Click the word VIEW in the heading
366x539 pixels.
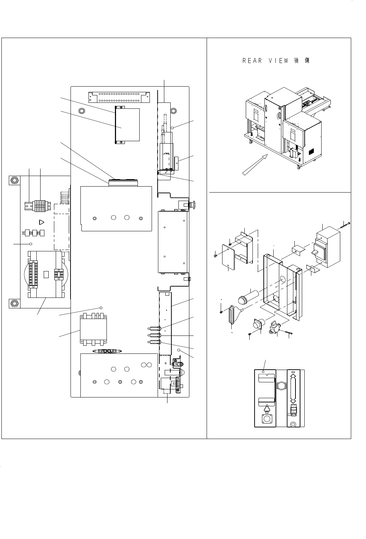(x=279, y=61)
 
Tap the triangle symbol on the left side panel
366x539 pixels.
(x=41, y=222)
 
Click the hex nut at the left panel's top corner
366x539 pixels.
(x=13, y=181)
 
